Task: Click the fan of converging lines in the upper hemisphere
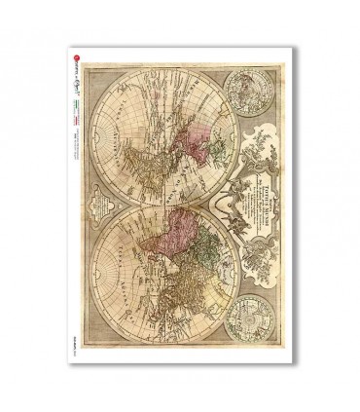[x=146, y=107]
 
